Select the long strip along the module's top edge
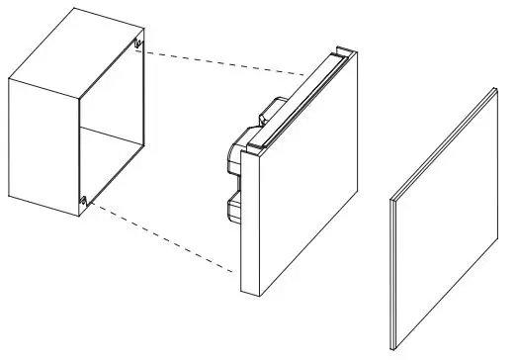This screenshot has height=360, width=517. [297, 99]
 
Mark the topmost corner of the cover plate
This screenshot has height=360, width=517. [493, 88]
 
